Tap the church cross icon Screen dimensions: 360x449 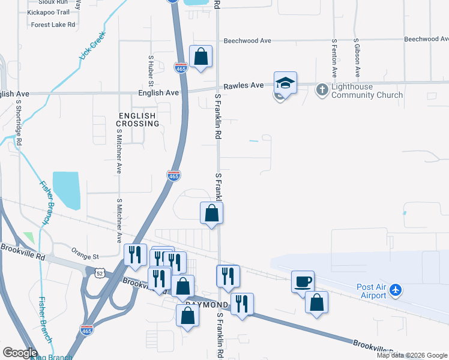click(x=322, y=90)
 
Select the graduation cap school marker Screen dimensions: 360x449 click(x=286, y=83)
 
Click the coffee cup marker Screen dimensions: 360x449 click(x=303, y=281)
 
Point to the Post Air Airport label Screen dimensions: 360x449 click(x=373, y=290)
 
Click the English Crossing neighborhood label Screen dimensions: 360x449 click(x=139, y=119)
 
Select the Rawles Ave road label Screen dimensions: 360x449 click(x=244, y=85)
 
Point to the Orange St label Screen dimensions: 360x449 click(x=84, y=251)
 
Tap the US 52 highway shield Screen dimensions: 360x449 click(x=98, y=272)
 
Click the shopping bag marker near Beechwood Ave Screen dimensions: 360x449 click(x=201, y=57)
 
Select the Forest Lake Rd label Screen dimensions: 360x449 click(x=53, y=25)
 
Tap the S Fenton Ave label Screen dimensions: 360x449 click(x=334, y=59)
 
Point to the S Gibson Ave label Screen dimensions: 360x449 click(x=357, y=59)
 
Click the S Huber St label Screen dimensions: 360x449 click(x=151, y=70)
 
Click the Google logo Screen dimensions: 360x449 click(x=20, y=353)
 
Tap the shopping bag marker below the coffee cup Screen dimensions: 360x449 click(x=316, y=302)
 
